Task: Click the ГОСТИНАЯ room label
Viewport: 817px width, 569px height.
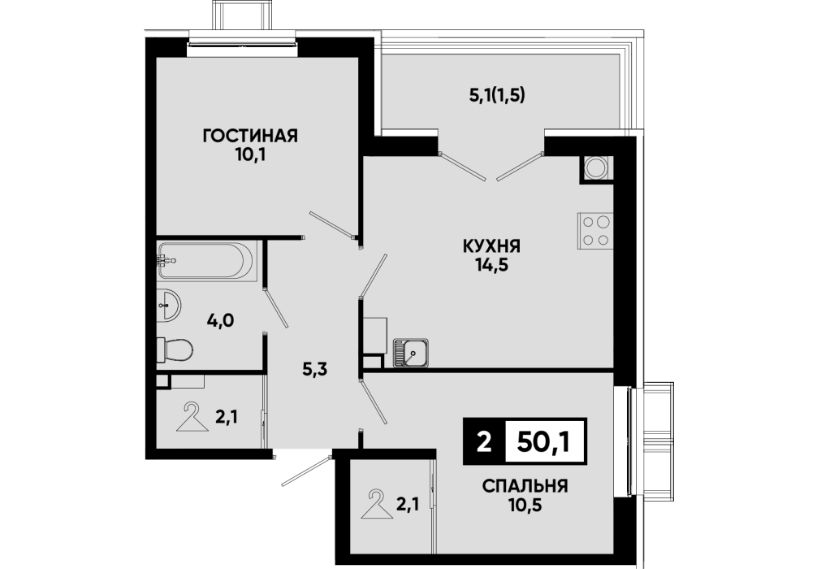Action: [250, 137]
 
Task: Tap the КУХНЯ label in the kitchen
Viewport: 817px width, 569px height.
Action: [492, 245]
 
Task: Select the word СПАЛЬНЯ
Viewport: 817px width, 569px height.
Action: [525, 487]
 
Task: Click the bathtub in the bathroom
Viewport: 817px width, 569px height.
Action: [206, 260]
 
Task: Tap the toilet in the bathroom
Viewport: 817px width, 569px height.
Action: [175, 349]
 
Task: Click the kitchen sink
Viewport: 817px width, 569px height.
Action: [411, 352]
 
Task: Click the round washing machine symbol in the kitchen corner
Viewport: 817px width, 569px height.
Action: [595, 167]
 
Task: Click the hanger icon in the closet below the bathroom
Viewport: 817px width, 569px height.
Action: [192, 416]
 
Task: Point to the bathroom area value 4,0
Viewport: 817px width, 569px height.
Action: [220, 320]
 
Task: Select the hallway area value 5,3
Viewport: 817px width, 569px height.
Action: [315, 370]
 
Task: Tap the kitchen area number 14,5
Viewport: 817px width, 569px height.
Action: [491, 265]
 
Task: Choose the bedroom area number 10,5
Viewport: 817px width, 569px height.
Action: [525, 505]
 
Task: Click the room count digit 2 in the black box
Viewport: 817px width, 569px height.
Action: [484, 443]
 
